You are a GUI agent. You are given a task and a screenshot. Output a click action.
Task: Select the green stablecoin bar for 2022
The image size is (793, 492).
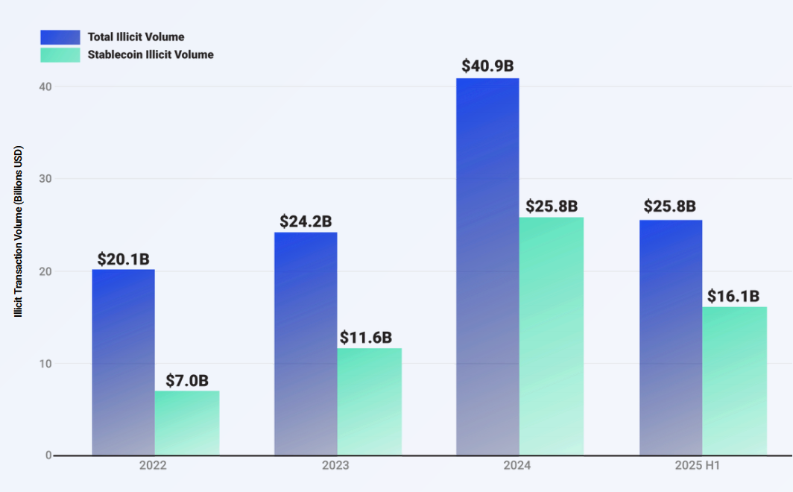[x=187, y=423]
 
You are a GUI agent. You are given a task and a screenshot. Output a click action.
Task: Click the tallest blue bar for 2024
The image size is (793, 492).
[x=487, y=266]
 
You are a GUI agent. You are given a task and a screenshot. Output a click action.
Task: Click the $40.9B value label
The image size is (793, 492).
[x=487, y=66]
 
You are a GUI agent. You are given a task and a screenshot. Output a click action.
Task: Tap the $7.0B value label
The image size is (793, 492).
[x=187, y=380]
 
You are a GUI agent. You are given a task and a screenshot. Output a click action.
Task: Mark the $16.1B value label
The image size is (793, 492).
[x=733, y=296]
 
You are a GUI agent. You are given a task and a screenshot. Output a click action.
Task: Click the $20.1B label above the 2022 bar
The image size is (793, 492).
[x=123, y=259]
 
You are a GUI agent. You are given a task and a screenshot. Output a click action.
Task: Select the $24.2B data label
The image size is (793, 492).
[x=306, y=221]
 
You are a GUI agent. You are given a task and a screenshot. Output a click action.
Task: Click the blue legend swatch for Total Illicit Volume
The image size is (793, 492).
[x=60, y=37]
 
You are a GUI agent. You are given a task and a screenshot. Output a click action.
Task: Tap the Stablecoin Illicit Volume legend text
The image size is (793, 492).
[x=151, y=54]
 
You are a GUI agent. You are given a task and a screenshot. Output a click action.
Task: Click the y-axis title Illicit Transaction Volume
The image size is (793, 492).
[x=19, y=231]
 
